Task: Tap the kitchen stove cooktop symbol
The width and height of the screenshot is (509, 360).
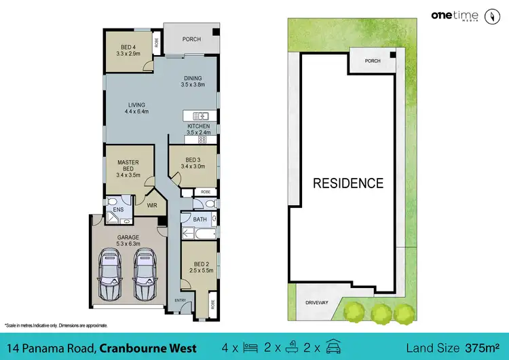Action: click(202, 139)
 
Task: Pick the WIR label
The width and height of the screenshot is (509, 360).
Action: click(152, 202)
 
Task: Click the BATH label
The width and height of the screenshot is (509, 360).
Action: click(200, 219)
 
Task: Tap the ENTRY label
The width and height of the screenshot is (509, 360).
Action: click(180, 300)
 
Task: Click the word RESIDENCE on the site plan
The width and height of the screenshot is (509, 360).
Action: click(347, 183)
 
